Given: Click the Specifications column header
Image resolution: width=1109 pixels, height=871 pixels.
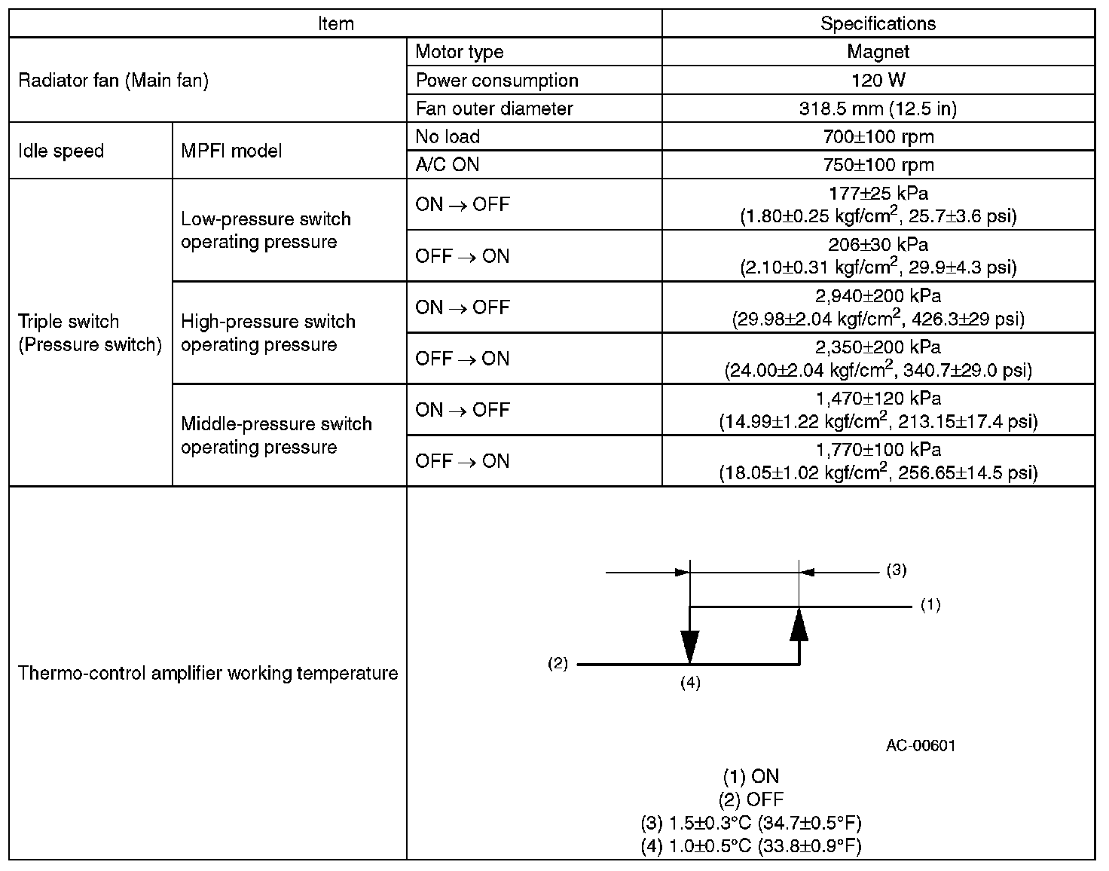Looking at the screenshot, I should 878,23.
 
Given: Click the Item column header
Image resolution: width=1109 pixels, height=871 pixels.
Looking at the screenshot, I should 335,23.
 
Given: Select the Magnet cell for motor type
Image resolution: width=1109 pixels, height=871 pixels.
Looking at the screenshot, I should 878,52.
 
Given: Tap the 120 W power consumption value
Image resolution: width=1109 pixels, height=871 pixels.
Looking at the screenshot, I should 878,80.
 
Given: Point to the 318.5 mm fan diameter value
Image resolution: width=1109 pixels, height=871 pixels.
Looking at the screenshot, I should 878,108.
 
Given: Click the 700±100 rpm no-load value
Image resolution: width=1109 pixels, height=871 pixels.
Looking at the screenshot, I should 878,136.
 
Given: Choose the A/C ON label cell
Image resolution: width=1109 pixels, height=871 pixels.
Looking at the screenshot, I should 448,164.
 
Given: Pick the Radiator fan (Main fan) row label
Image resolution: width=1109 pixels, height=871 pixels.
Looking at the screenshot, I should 113,80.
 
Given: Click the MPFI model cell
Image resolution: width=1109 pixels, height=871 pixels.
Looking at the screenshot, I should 231,151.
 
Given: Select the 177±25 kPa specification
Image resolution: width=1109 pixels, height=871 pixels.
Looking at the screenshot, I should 878,194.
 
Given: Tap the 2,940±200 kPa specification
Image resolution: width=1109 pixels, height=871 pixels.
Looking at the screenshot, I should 878,296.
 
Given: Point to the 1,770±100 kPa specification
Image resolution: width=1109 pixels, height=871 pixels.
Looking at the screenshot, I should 878,450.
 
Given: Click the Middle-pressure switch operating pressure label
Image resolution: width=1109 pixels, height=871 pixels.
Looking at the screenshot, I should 276,436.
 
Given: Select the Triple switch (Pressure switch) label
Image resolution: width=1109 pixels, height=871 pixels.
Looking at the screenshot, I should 90,333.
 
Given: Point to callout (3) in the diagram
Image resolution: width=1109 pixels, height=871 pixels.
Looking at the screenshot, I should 896,570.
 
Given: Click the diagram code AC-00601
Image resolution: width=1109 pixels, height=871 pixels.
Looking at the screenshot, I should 921,746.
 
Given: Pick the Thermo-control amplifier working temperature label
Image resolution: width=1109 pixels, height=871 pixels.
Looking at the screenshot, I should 207,673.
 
